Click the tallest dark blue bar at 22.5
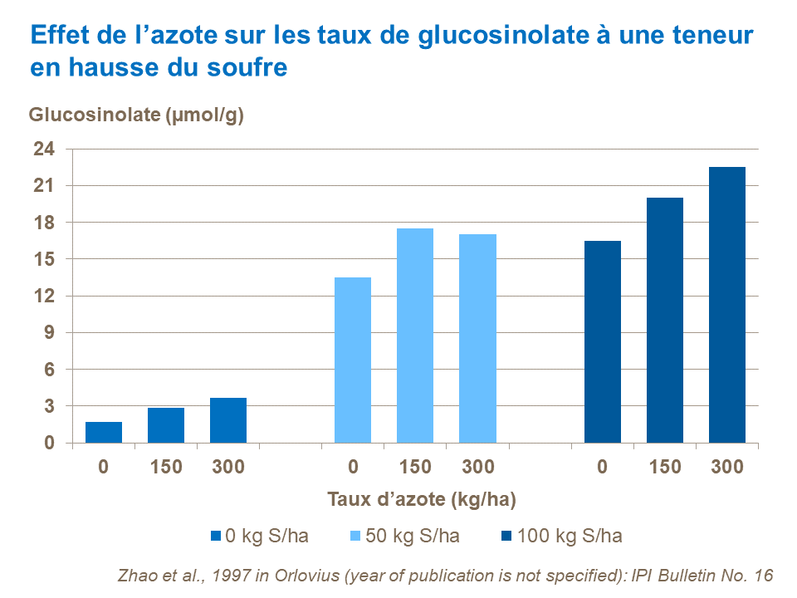coord(726,305)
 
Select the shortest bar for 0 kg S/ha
coord(104,432)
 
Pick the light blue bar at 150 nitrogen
coord(415,336)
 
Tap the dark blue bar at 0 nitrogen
coord(602,341)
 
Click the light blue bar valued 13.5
coord(353,360)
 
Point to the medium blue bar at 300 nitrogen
coord(228,420)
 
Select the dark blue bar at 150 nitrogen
coord(664,320)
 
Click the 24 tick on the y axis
coord(44,149)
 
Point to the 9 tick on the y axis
coord(48,333)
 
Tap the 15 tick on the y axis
coord(44,259)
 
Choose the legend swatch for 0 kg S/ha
coord(217,536)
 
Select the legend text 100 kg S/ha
coord(570,536)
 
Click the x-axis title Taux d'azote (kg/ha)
coord(422,499)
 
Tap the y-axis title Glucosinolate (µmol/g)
coord(137,115)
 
